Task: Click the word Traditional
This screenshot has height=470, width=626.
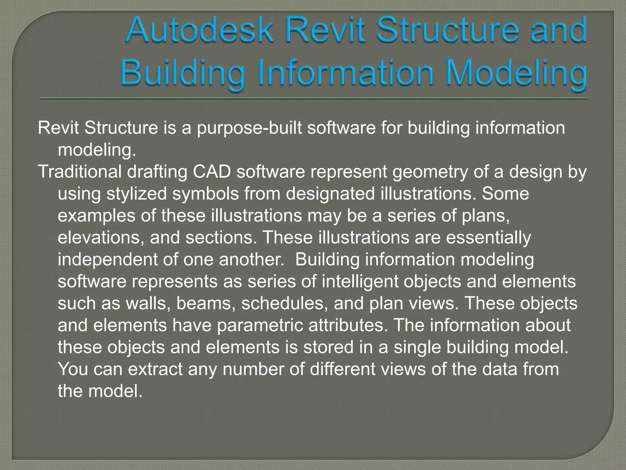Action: coord(80,172)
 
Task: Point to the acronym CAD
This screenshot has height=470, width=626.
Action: coord(212,172)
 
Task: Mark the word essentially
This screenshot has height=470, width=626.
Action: coord(488,238)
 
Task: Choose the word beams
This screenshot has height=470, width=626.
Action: coord(206,304)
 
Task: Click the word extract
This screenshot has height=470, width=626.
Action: coord(155,369)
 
